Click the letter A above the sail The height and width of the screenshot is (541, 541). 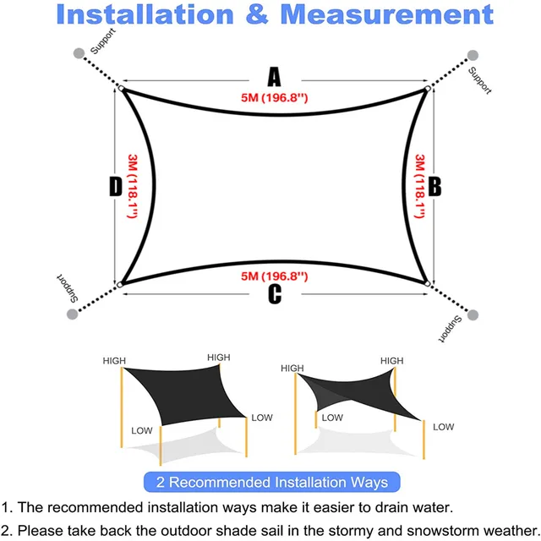pos(274,78)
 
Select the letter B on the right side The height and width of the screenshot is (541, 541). pos(434,187)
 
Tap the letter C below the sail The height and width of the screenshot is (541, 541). pos(275,295)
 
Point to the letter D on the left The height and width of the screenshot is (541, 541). pos(116,187)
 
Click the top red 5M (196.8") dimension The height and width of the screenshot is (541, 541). pos(272,99)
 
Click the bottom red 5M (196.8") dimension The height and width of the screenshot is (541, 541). pos(272,276)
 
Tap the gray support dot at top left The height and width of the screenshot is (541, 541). pos(79,52)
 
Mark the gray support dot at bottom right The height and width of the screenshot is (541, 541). pos(473,314)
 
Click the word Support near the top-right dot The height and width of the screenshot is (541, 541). pos(479,80)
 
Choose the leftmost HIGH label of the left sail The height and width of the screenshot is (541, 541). pos(114,361)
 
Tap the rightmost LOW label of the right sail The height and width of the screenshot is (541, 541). pos(444,428)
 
